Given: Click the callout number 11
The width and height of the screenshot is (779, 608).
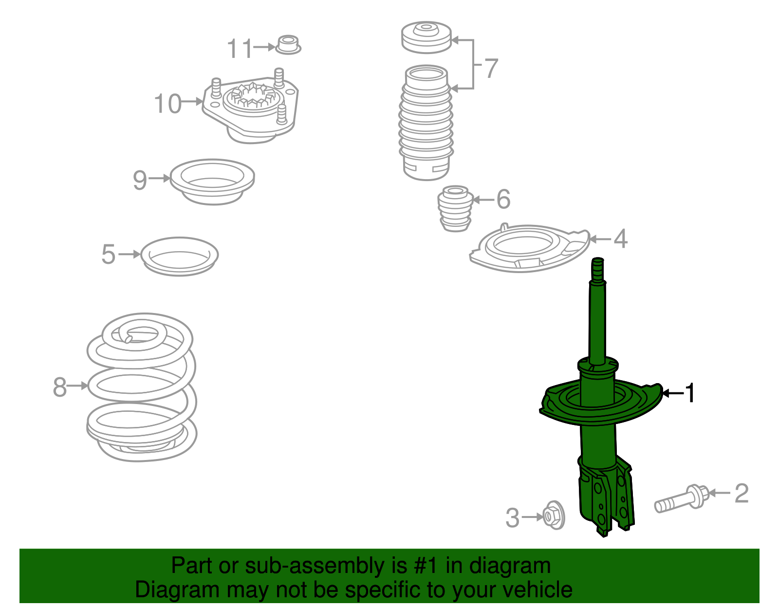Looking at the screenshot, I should coord(240,49).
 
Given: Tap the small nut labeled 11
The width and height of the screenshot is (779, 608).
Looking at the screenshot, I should coord(288,44).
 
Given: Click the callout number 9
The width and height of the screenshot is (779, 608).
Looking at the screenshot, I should coord(140,180).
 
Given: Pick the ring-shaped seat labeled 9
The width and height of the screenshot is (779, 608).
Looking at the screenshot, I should coord(212,182).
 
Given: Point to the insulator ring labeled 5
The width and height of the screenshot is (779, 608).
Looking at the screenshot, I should coord(179,256).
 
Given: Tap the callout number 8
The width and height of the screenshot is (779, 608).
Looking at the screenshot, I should coord(59,387).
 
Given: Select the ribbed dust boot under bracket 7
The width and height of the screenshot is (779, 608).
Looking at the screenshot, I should coord(426,124).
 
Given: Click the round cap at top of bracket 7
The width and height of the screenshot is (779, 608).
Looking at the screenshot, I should coord(427,37).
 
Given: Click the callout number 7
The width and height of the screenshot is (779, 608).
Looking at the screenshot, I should coord(491,68).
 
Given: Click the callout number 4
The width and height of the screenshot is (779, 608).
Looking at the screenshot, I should coord(620,239).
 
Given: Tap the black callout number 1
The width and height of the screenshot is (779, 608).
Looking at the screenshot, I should coord(690,393).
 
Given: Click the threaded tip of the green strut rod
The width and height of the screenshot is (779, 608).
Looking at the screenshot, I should coord(598,269).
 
